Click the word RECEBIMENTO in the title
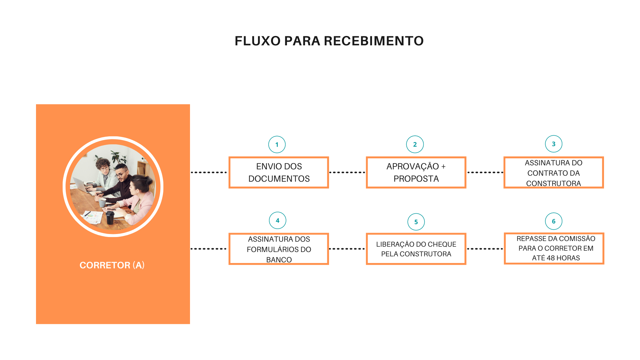[x=374, y=41]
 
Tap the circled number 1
[x=277, y=145]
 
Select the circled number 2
[x=415, y=144]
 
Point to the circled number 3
[x=554, y=144]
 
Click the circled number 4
[x=278, y=220]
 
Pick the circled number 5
[x=416, y=222]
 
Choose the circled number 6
[x=554, y=221]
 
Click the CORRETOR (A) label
[x=112, y=265]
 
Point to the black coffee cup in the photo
[x=110, y=217]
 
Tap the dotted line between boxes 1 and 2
[x=347, y=172]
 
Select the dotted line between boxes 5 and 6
[x=485, y=249]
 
